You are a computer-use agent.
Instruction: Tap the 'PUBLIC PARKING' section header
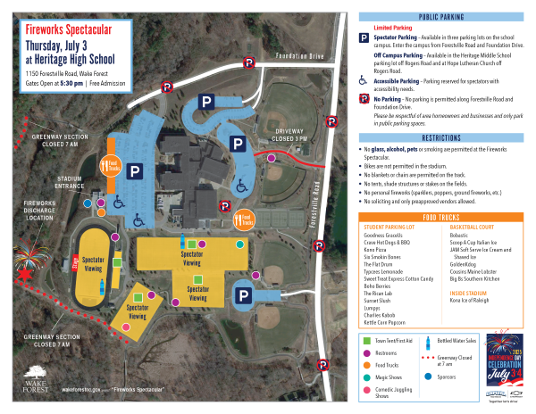440,17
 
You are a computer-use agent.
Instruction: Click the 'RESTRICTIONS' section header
440,138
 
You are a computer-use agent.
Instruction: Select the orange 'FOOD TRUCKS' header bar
440,217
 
